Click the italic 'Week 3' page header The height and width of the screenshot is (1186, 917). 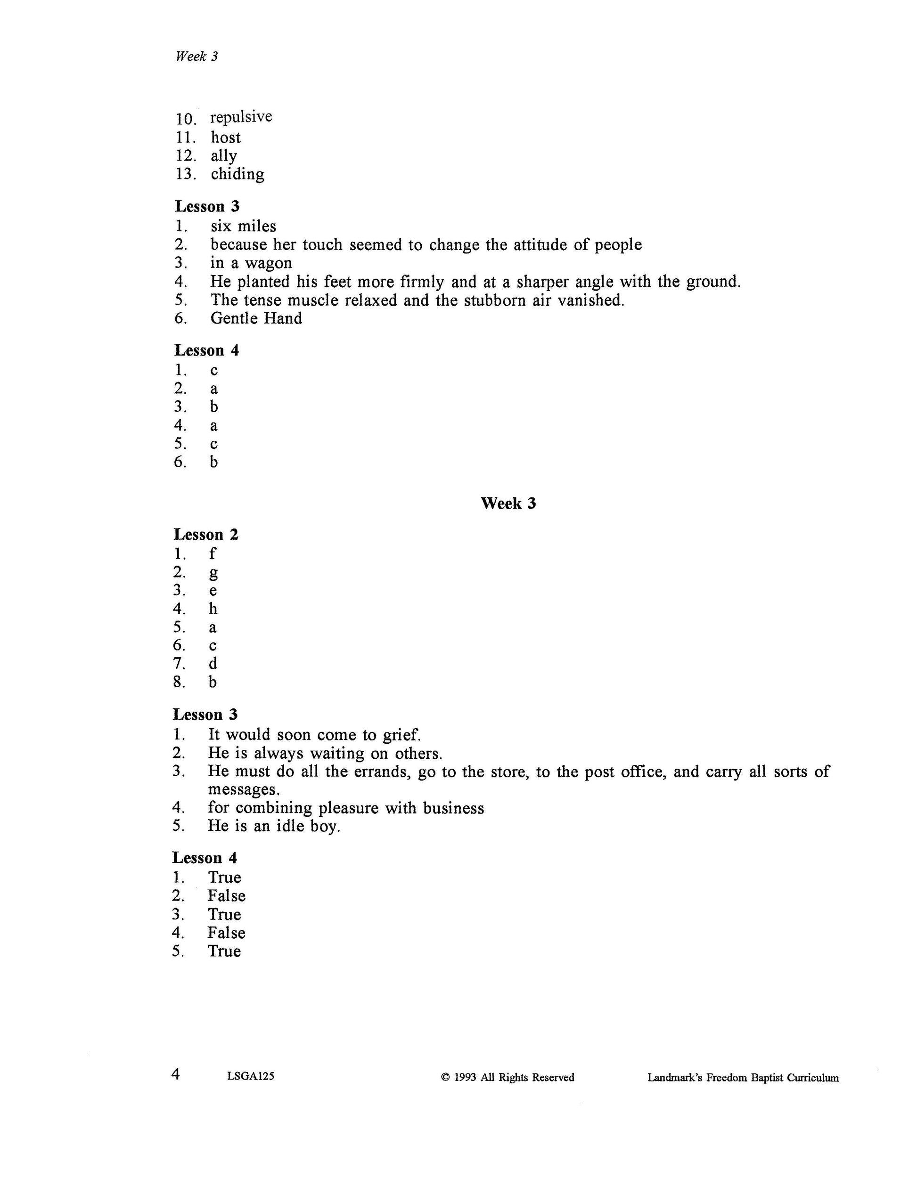point(196,57)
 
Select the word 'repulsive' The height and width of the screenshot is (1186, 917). point(241,117)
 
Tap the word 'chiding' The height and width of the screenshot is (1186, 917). point(237,174)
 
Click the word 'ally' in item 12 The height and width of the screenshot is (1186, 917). point(224,156)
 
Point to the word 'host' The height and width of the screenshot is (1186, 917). point(225,138)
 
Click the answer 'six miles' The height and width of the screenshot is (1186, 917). point(243,227)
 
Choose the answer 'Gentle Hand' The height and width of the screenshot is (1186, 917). point(256,318)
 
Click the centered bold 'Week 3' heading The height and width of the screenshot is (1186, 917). point(508,504)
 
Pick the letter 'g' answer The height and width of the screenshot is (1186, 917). point(213,573)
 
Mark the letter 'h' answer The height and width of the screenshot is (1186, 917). point(213,609)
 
